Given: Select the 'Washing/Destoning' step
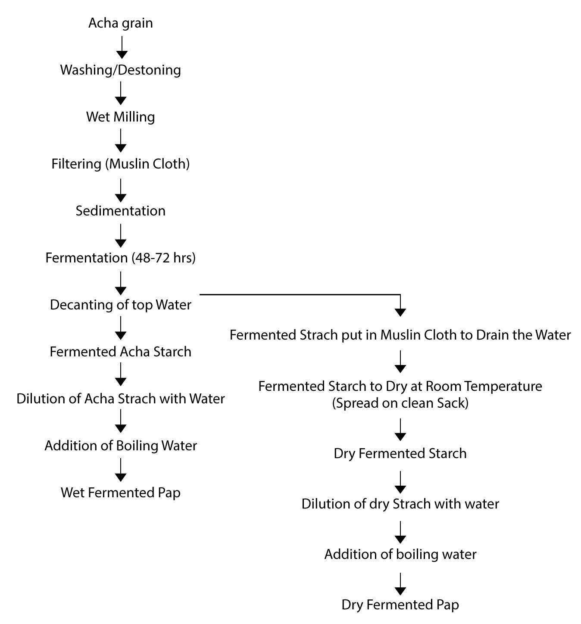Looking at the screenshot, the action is point(121,70).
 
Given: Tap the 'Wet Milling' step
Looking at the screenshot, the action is point(121,117).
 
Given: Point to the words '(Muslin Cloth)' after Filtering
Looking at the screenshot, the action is point(147,164).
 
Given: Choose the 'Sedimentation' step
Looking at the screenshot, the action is point(121,211).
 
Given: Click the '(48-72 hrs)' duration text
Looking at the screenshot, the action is point(164,258).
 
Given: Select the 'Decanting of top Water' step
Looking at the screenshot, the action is point(121,305).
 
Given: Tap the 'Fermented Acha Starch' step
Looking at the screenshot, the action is point(121,352).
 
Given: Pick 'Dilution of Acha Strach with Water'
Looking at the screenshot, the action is point(121,399).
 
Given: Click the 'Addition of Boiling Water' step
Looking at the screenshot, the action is point(121,446).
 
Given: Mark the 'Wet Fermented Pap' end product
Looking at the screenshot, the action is point(121,493).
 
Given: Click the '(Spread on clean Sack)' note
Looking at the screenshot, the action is point(400,403).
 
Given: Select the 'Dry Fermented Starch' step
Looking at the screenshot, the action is point(400,454).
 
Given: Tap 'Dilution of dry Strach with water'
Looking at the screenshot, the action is point(400,504).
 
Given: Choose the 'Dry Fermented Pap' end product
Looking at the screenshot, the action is point(400,605).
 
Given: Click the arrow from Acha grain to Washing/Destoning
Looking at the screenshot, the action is point(122,47).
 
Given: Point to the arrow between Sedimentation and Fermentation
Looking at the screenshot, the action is point(121,236).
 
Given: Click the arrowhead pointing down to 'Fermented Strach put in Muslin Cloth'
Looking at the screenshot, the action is point(400,312).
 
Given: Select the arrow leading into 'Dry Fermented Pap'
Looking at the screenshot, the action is point(400,584).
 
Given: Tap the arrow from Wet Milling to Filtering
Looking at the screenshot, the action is point(121,141).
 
